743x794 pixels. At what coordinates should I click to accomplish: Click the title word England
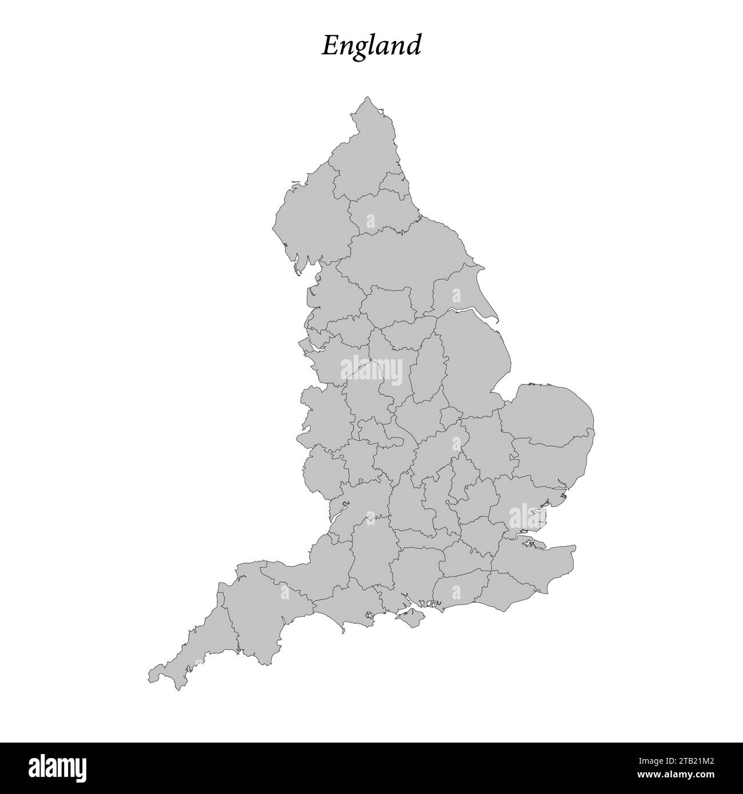pos(371,46)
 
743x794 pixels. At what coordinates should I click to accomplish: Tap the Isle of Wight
pos(406,616)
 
